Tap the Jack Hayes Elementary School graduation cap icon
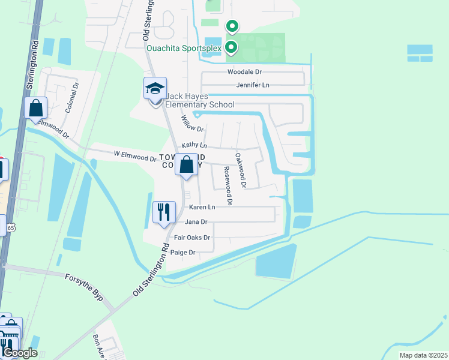coord(155,89)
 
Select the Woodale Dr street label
coord(244,72)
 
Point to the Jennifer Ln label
coord(252,85)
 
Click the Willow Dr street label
coord(192,124)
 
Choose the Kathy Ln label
coord(194,146)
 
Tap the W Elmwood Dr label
coord(134,156)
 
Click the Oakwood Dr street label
coord(240,170)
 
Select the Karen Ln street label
coord(202,207)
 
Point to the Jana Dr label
coord(196,222)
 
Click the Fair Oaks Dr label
coord(192,238)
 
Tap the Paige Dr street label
coord(184,253)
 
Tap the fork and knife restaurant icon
coord(163,211)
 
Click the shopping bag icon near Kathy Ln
coord(186,164)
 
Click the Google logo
coord(20,353)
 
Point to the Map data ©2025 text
coord(423,355)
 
